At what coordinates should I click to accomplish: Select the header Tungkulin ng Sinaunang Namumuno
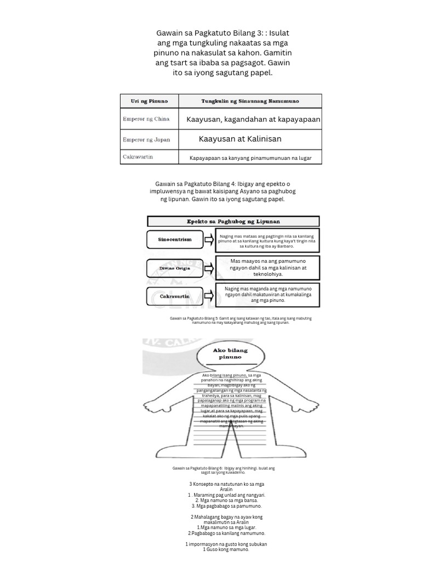(248, 101)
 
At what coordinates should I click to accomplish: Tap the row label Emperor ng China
(146, 119)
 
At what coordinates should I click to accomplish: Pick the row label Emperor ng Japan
(146, 139)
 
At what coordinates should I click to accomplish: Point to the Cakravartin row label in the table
(138, 157)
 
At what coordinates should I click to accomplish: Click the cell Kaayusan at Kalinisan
(240, 139)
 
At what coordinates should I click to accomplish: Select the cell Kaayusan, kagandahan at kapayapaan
(253, 119)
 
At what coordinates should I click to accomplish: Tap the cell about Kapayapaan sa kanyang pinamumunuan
(250, 158)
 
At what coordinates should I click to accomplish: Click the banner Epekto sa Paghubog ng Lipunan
(234, 221)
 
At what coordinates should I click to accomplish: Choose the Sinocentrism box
(174, 240)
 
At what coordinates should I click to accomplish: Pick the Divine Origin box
(174, 268)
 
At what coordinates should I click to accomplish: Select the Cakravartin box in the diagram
(174, 296)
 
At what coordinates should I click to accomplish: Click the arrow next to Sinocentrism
(209, 240)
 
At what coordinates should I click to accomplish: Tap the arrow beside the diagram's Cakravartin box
(209, 296)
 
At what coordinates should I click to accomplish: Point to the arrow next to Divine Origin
(209, 268)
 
